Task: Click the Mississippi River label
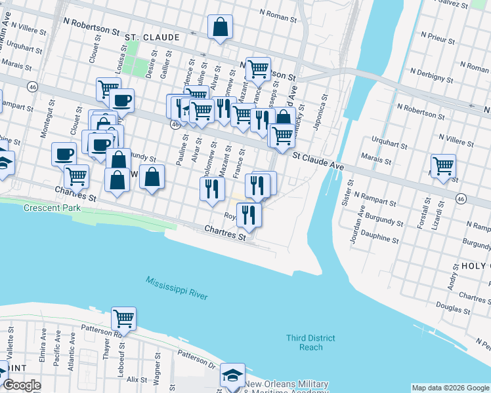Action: [177, 288]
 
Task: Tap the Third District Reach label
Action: [310, 343]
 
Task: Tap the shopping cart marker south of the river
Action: [123, 318]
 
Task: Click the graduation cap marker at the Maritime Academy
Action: [232, 375]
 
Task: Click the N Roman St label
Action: [280, 12]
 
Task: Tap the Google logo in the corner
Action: [22, 385]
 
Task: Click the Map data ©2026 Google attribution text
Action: [450, 388]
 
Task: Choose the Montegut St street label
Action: [44, 119]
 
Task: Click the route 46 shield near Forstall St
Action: [461, 198]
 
